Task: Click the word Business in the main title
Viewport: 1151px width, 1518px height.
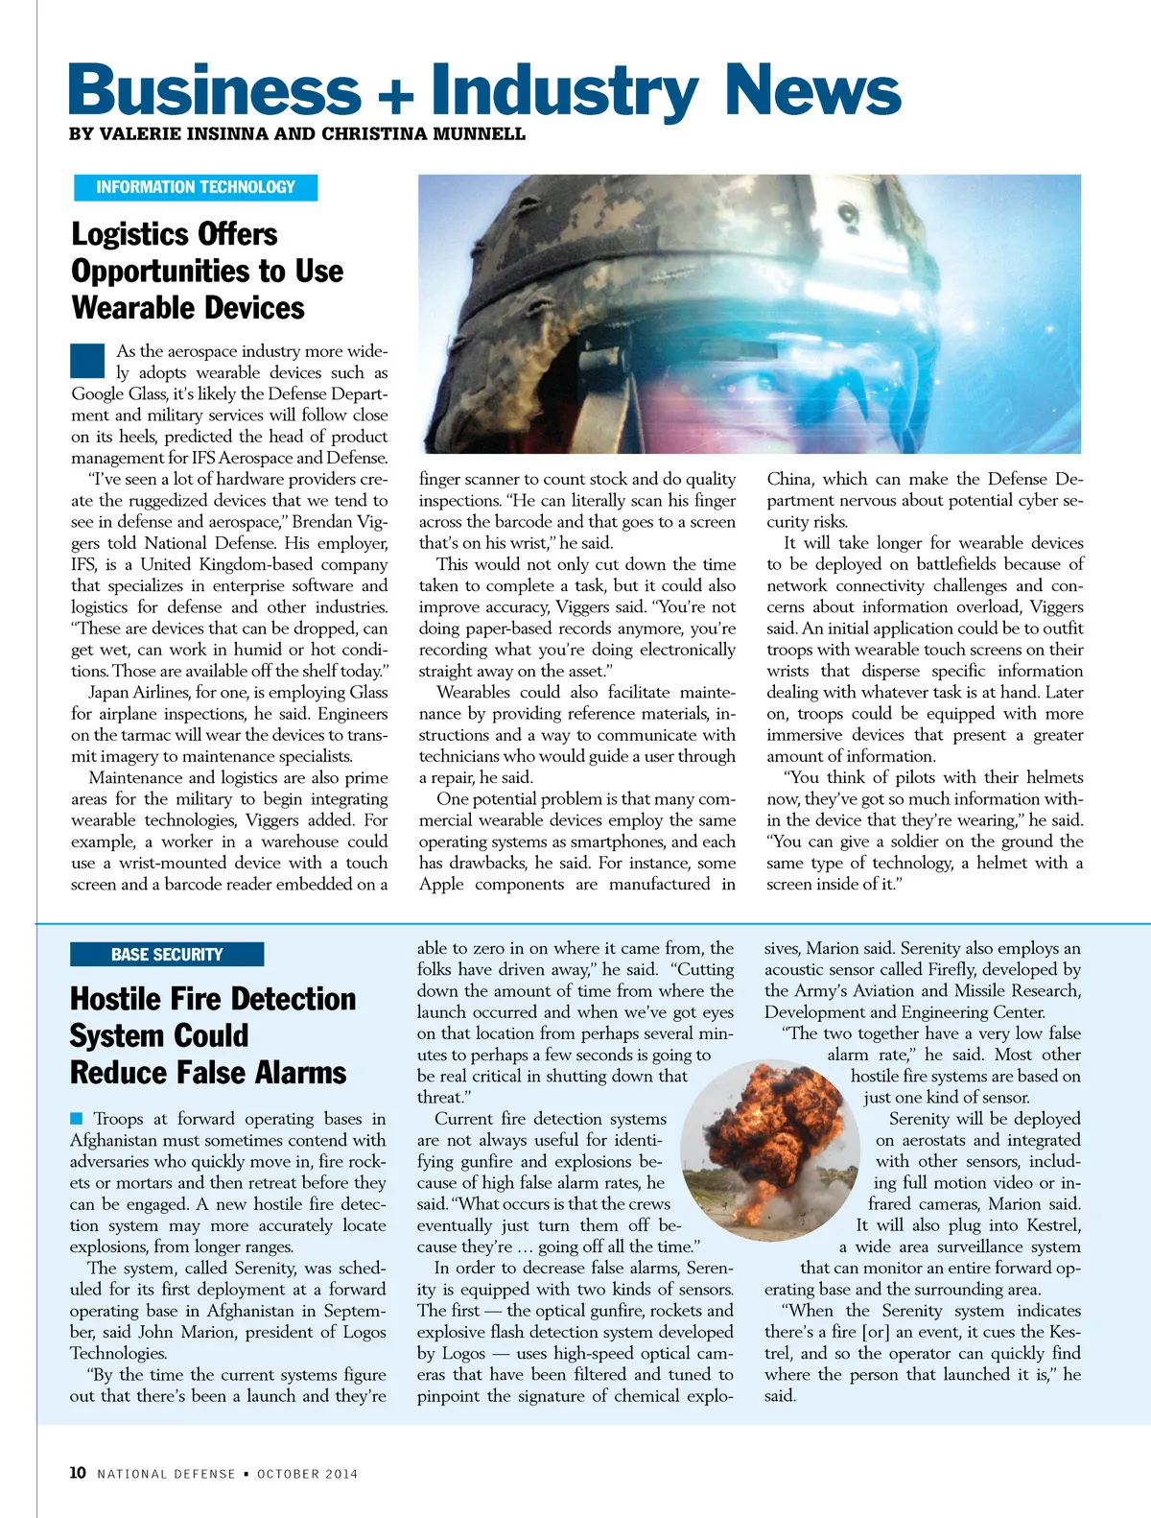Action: (214, 90)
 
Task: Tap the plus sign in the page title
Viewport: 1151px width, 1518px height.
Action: (395, 96)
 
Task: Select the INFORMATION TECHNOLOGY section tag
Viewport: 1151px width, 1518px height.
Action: (196, 187)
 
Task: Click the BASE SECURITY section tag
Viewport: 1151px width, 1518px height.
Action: (167, 954)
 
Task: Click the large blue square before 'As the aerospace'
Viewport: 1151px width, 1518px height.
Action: (87, 360)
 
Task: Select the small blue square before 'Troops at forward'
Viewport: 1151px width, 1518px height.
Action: (77, 1118)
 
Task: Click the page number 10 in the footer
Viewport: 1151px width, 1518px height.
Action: (78, 1473)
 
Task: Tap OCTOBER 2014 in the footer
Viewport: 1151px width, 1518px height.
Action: (307, 1474)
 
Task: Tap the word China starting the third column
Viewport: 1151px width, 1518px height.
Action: (789, 479)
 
